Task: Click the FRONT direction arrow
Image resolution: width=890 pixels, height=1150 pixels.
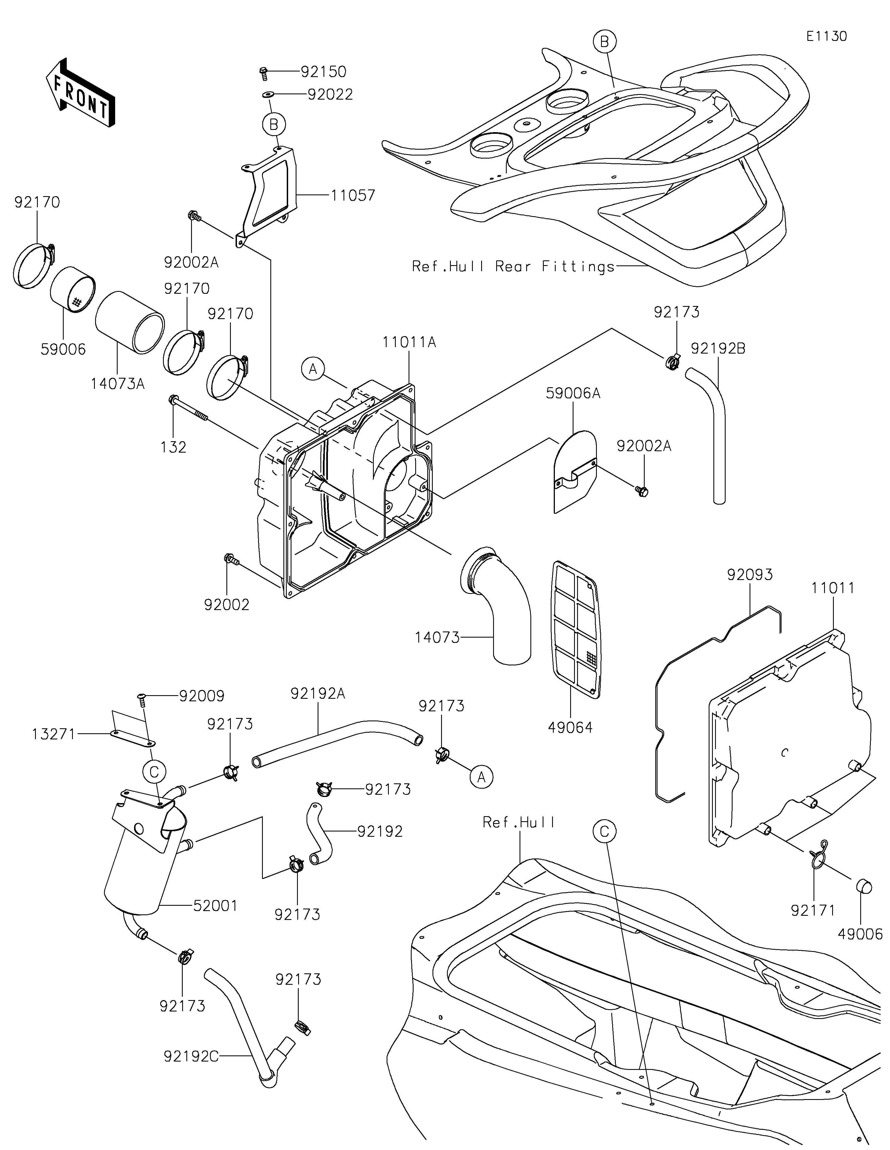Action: (81, 92)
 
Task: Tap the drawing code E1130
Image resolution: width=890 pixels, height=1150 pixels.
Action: (826, 36)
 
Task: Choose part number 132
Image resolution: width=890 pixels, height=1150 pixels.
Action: (173, 447)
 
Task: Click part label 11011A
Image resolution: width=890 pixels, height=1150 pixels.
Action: (409, 342)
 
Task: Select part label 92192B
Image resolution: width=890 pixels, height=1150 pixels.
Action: (718, 348)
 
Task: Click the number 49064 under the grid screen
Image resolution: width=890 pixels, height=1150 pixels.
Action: (570, 728)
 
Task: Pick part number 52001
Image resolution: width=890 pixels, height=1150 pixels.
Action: (215, 906)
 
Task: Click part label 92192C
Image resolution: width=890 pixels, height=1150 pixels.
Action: (191, 1067)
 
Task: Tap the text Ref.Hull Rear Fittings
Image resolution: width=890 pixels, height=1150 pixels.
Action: (513, 266)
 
